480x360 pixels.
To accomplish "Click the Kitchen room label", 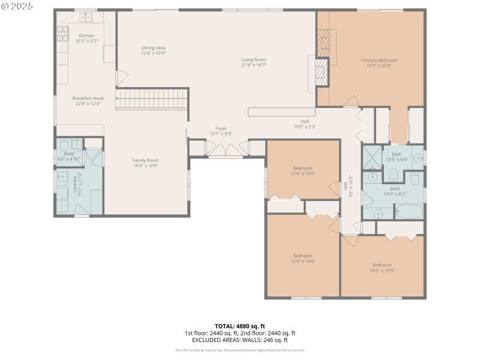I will (x=86, y=36).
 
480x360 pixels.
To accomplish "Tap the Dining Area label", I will (x=153, y=47).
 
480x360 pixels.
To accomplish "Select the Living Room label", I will (x=254, y=59).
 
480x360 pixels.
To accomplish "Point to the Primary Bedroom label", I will (x=379, y=60).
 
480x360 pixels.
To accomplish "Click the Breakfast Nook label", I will (x=88, y=98).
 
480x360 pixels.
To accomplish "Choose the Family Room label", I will (x=145, y=160).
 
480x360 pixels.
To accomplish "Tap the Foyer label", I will (x=221, y=128).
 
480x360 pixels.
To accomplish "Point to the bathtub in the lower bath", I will (x=409, y=212).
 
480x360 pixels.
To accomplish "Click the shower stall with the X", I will (x=371, y=157).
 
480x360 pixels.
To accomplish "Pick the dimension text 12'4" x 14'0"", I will (x=302, y=261).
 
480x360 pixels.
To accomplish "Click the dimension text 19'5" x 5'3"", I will (x=304, y=127).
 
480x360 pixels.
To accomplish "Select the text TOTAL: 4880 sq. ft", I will (x=239, y=326).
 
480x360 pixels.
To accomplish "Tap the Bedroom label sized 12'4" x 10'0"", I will (x=302, y=167).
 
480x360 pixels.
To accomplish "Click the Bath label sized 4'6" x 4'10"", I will (x=68, y=154).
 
